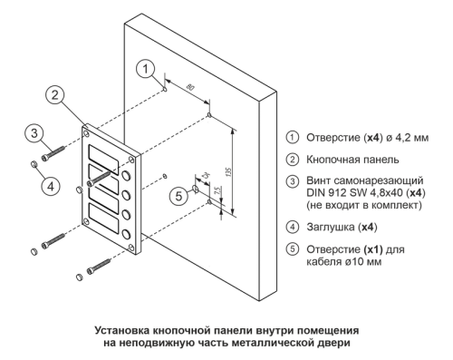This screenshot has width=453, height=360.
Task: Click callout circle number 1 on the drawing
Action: click(x=145, y=69)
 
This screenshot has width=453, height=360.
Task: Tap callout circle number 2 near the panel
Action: click(x=55, y=95)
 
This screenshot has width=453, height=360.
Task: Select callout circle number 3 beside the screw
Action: click(x=34, y=133)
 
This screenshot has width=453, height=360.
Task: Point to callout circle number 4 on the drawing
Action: click(x=51, y=186)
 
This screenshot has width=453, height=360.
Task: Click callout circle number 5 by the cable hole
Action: click(x=179, y=196)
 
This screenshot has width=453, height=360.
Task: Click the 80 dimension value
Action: click(x=190, y=88)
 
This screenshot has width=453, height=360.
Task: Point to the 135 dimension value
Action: click(x=228, y=172)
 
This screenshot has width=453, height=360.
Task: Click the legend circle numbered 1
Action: click(x=292, y=137)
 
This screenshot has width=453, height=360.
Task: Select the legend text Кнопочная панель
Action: click(x=352, y=160)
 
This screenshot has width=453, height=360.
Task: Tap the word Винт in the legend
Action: click(x=318, y=180)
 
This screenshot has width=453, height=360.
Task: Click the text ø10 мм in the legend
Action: click(x=362, y=261)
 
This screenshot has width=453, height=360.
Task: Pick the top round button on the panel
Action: click(x=127, y=176)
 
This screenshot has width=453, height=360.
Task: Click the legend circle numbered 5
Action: click(x=292, y=249)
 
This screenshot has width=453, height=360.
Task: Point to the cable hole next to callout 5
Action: click(x=195, y=189)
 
